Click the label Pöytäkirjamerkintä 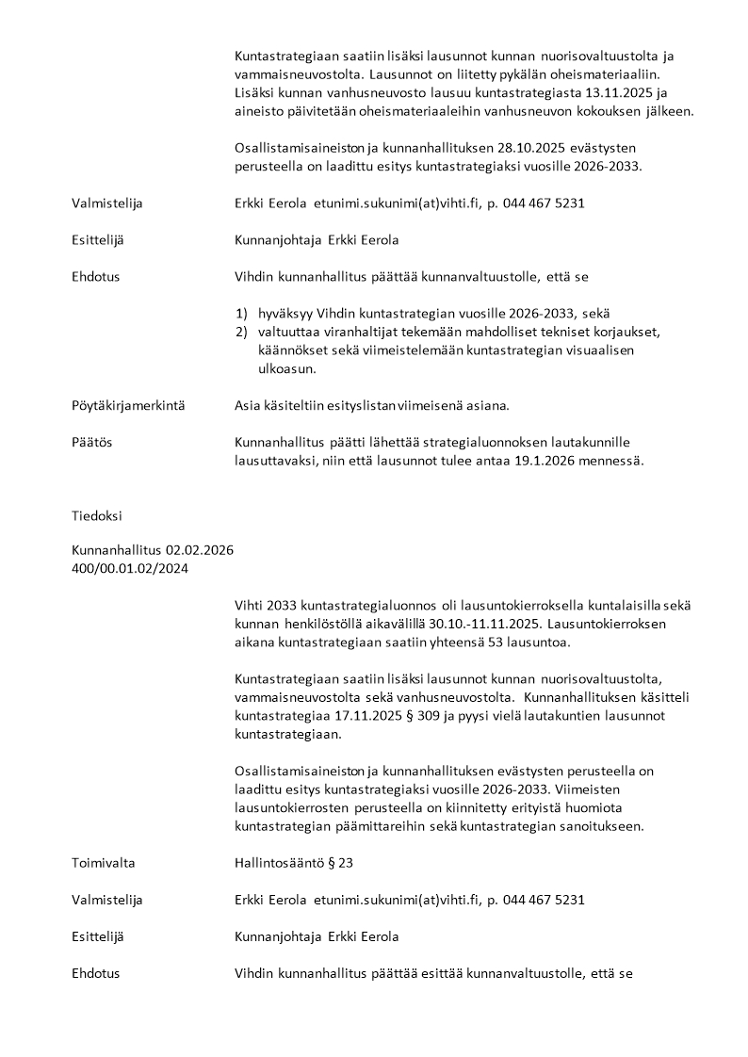tap(128, 406)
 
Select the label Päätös tap(91, 442)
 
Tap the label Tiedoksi tap(96, 515)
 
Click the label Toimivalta tap(104, 862)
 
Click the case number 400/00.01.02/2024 tap(129, 567)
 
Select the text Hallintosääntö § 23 tap(293, 862)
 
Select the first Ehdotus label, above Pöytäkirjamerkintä tap(95, 276)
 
